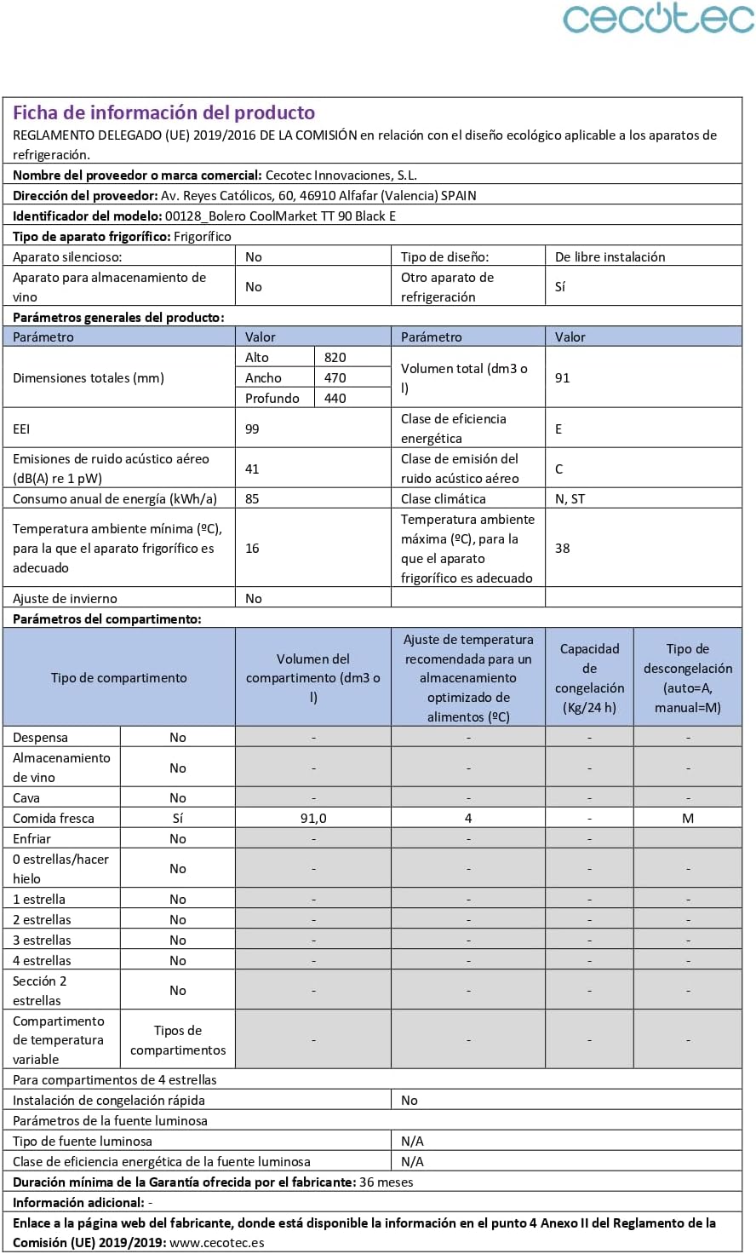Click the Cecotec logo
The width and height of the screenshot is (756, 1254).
point(658,19)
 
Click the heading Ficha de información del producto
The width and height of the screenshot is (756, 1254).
point(163,112)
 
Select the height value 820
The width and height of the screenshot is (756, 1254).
point(335,358)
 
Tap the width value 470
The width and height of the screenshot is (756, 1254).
point(335,378)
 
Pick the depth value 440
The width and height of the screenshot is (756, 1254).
point(335,399)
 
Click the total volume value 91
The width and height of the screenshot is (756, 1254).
point(563,378)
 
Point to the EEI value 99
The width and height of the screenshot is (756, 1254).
point(252,429)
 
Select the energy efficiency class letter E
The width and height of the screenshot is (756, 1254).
point(558,429)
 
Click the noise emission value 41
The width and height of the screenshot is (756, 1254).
point(252,469)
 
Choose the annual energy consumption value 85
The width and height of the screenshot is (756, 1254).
point(252,499)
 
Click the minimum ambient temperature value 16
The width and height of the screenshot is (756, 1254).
point(252,549)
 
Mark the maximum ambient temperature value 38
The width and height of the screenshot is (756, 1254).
point(563,549)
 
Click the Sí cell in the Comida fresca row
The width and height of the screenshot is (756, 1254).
point(178,819)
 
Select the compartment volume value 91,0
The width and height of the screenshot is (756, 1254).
point(313,819)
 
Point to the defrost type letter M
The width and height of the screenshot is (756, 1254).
point(688,819)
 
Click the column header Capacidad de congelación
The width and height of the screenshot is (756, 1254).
point(589,678)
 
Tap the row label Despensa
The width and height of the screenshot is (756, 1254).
point(40,738)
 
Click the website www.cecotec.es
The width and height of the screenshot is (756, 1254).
point(217,1243)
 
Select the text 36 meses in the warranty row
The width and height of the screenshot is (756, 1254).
point(387,1182)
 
